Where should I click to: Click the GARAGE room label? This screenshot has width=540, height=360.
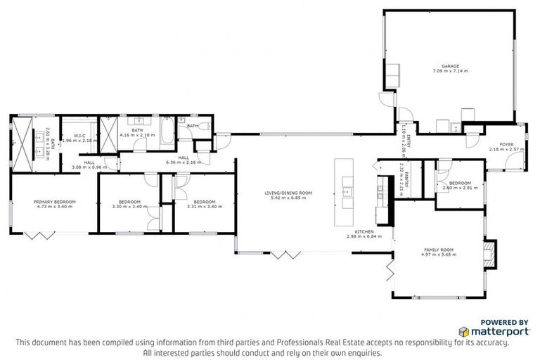(450, 66)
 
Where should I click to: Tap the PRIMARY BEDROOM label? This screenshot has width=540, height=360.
(54, 202)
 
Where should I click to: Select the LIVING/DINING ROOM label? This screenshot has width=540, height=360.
(288, 193)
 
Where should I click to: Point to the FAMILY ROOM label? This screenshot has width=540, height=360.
(438, 250)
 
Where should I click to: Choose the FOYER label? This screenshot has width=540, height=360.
(506, 144)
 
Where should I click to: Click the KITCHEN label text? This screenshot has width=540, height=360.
(364, 231)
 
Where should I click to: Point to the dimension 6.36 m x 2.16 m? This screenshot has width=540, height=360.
(184, 162)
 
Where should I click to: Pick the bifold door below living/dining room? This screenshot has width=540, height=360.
(289, 254)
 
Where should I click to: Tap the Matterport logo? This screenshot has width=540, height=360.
(491, 330)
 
